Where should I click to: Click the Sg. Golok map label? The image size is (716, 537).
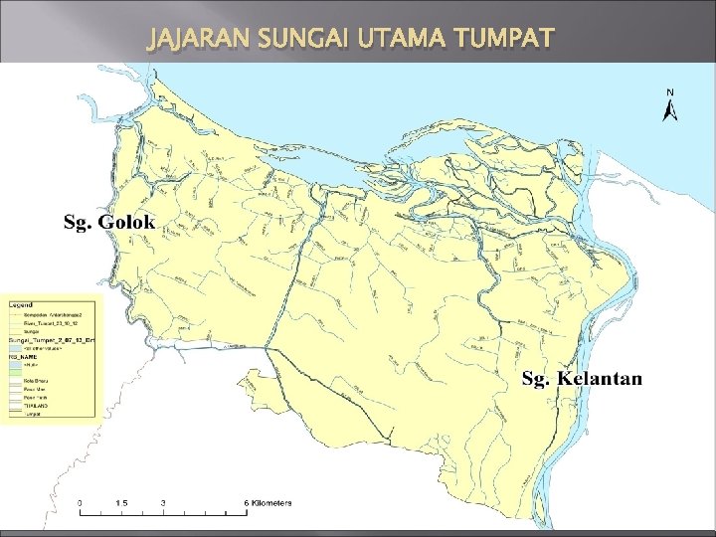coord(109,221)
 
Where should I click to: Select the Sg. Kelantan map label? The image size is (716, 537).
coord(583,379)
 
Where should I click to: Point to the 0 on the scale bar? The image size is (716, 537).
coord(81,503)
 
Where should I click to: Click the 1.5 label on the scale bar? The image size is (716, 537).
coord(120,503)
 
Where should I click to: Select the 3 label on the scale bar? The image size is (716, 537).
coord(162,503)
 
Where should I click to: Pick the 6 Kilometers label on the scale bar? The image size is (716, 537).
coord(267,503)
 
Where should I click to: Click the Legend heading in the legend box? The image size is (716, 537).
coord(22,303)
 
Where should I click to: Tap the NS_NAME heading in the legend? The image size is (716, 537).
coord(24,357)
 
